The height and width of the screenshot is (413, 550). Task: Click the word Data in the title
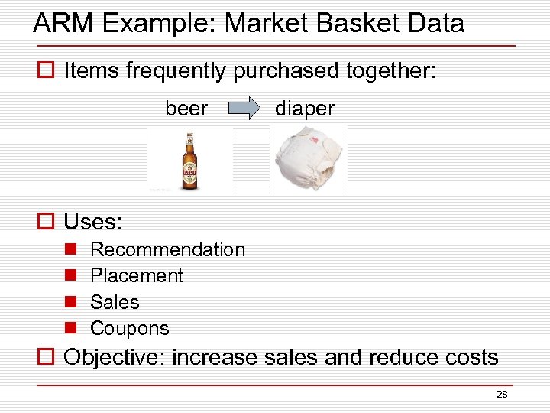[435, 24]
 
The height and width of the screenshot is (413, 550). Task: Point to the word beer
[186, 109]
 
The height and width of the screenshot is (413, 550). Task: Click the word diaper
[305, 109]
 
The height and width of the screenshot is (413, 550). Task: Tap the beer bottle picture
[189, 160]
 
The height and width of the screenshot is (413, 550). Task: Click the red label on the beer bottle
[189, 173]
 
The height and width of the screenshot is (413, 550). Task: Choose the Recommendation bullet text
[167, 249]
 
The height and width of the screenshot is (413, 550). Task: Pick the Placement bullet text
[137, 275]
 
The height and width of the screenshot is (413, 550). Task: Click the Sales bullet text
[115, 302]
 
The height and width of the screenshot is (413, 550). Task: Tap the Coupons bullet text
[129, 328]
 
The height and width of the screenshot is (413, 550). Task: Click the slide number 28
[502, 395]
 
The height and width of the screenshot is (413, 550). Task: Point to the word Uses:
[92, 223]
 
